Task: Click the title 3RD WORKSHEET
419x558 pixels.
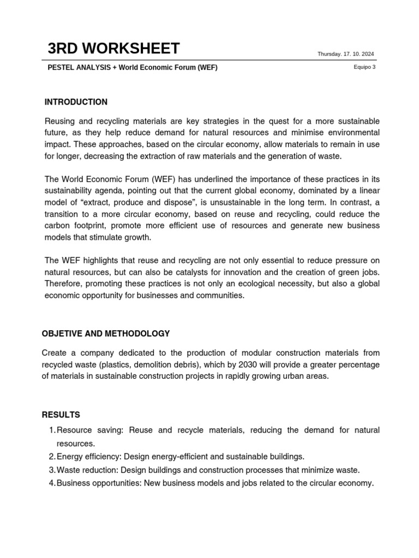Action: (113, 48)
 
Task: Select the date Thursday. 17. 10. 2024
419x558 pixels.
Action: (346, 54)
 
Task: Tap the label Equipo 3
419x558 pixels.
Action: (364, 68)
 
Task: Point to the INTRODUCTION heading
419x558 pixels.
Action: (76, 102)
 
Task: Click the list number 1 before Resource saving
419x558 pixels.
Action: (52, 430)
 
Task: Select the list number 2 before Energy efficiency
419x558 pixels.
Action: (52, 457)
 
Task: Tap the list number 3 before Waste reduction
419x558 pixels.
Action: (52, 470)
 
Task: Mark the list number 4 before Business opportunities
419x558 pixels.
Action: (52, 483)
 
